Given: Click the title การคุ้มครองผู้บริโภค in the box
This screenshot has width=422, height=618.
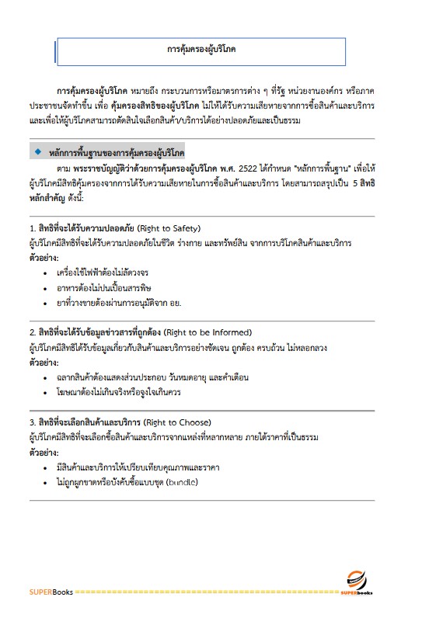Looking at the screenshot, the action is tap(201, 49).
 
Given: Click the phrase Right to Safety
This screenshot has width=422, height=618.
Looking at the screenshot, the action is tap(169, 228).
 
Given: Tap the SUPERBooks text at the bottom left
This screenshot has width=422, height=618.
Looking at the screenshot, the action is tap(51, 592).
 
